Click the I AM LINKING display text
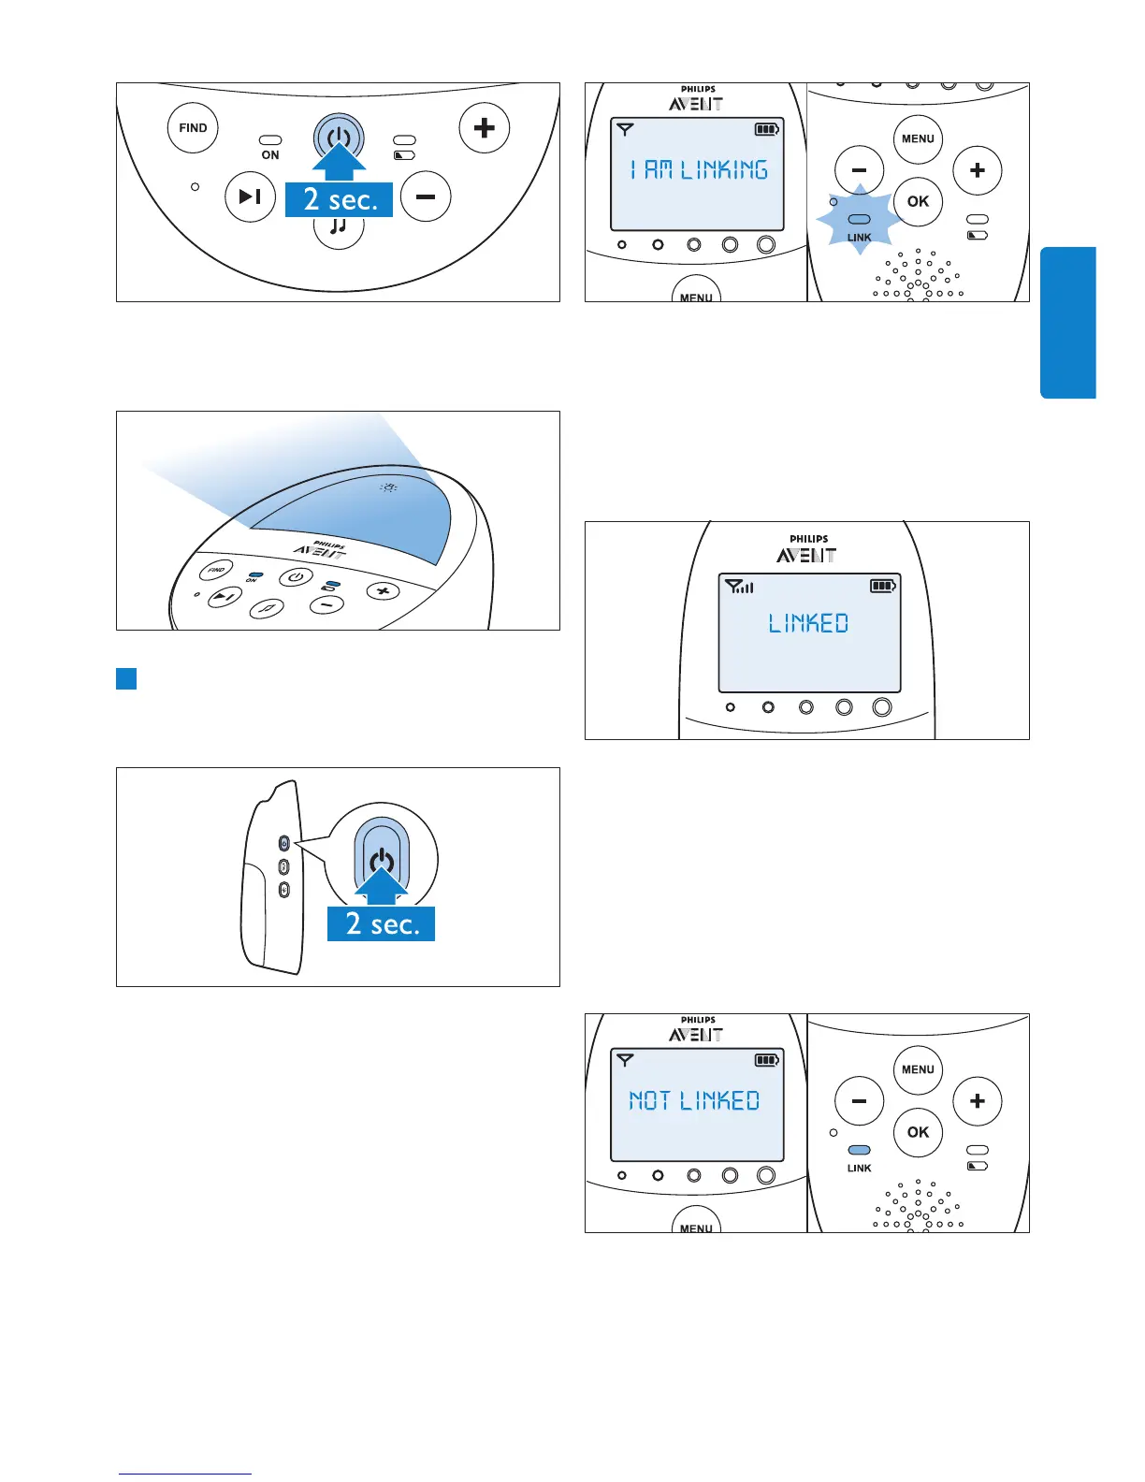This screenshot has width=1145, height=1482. [699, 169]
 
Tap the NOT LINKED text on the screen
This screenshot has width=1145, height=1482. [694, 1100]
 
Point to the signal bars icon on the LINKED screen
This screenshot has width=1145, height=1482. [740, 587]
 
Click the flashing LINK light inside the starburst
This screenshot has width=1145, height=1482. [859, 220]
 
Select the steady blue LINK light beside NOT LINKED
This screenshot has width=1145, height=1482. [859, 1151]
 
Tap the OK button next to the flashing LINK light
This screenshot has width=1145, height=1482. [918, 201]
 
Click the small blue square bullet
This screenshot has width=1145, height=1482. [126, 678]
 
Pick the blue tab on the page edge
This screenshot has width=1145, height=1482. [1067, 323]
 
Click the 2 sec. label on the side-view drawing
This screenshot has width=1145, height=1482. [381, 923]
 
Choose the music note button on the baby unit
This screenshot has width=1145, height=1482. [339, 227]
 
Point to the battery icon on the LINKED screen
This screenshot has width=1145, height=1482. [882, 586]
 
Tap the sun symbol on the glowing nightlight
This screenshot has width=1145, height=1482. [388, 487]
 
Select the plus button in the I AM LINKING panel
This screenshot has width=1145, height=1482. [977, 170]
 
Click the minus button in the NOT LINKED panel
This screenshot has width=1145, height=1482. [859, 1101]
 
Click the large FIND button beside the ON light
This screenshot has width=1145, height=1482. [193, 128]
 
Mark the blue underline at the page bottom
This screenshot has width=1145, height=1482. [185, 1474]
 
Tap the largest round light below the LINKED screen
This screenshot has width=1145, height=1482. [881, 707]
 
